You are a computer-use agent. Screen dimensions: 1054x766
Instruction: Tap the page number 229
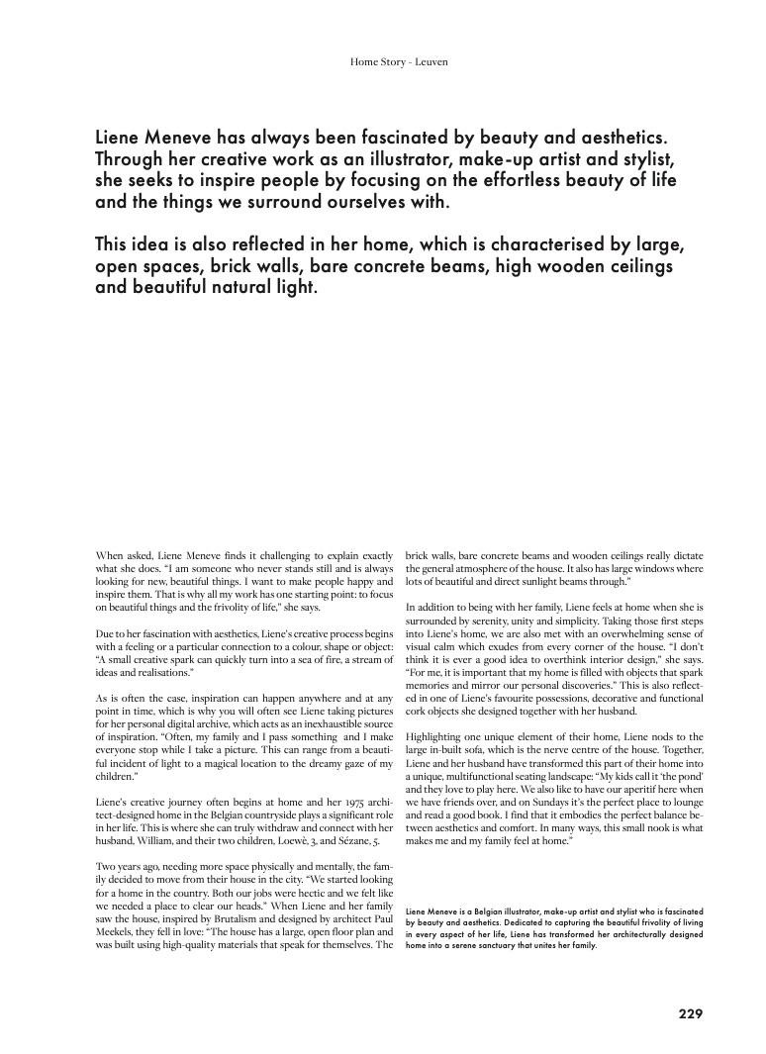pyautogui.click(x=691, y=1012)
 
